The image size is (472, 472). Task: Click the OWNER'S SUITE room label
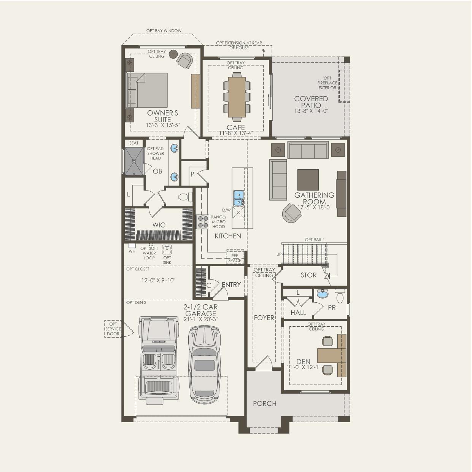coord(162,116)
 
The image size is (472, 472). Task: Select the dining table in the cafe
coord(237,97)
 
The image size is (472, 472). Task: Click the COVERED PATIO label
coord(311,102)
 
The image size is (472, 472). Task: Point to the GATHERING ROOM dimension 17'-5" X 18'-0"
coord(314,208)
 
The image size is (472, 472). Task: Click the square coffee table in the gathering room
coord(308,179)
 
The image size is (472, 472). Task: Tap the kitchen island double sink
coord(238,198)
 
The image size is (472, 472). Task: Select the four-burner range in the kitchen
coord(203,221)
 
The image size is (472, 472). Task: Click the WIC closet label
coord(159,225)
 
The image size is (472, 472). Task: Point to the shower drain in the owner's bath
coord(134,161)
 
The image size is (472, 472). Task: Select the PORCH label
coord(264,404)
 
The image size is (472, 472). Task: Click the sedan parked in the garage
coord(205,364)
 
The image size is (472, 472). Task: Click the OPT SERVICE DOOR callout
coord(113,329)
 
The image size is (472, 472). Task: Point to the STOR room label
coord(308,275)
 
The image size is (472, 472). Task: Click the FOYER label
coord(264,318)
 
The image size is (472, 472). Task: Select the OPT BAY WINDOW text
coord(164,31)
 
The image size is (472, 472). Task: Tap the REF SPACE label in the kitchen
coord(235,258)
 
